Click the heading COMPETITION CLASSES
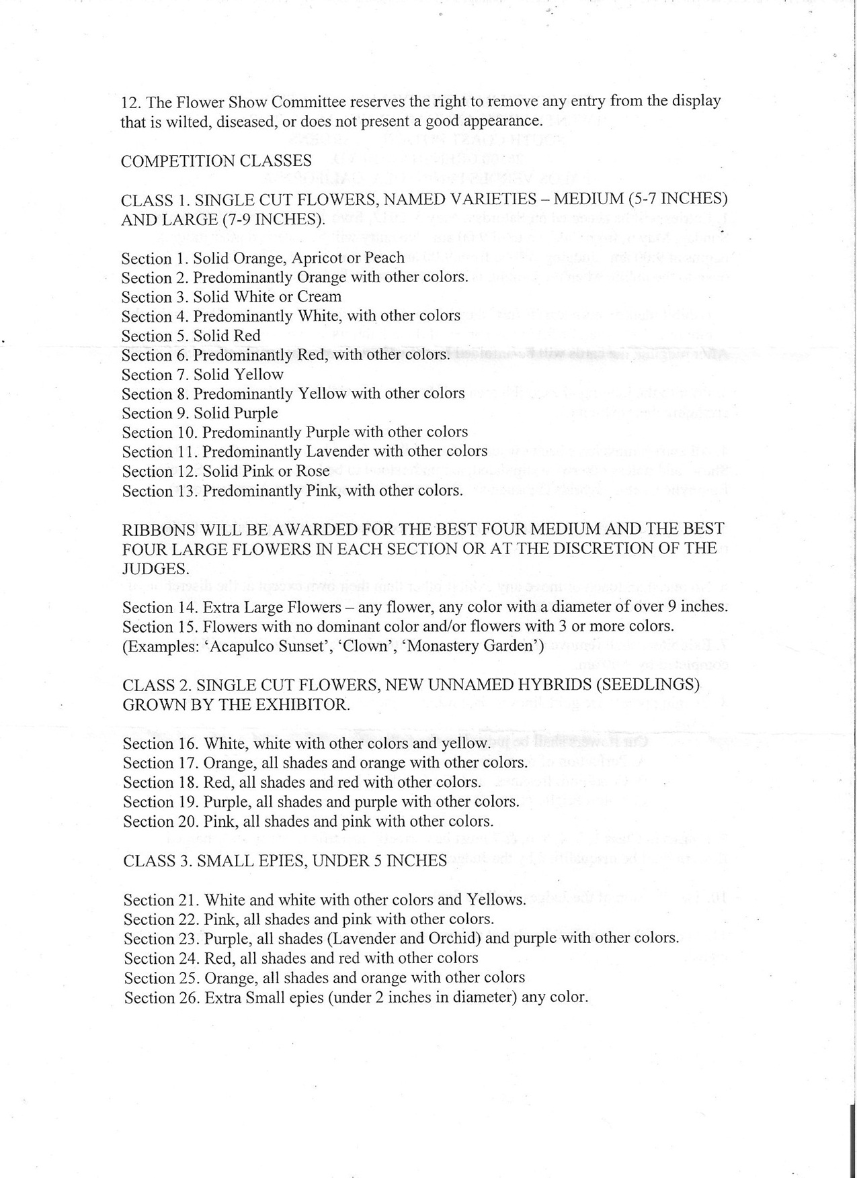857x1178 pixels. pyautogui.click(x=216, y=161)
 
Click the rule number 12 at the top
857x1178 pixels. pyautogui.click(x=130, y=102)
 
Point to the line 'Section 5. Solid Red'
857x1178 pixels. pyautogui.click(x=191, y=336)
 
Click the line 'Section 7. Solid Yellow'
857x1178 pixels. pyautogui.click(x=202, y=375)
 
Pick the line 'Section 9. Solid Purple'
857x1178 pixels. pyautogui.click(x=200, y=414)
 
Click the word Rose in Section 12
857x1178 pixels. pyautogui.click(x=313, y=471)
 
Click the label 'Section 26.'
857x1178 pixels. pyautogui.click(x=161, y=998)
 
